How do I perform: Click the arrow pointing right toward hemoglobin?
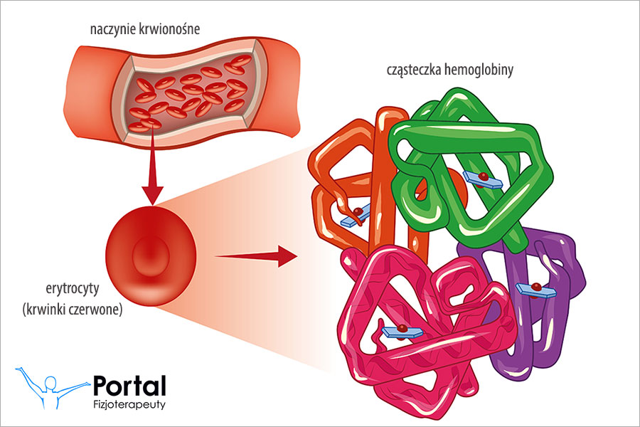point(256,255)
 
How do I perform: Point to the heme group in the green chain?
point(483,179)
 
